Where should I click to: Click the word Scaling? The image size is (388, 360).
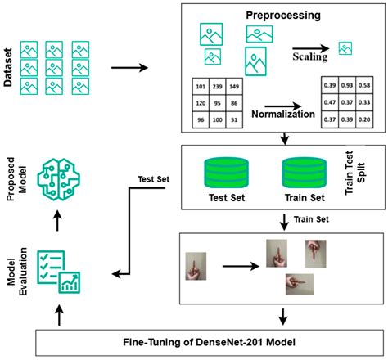[310, 58]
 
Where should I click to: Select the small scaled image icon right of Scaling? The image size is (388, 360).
[346, 48]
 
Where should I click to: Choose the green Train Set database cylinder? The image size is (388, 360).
[304, 172]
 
